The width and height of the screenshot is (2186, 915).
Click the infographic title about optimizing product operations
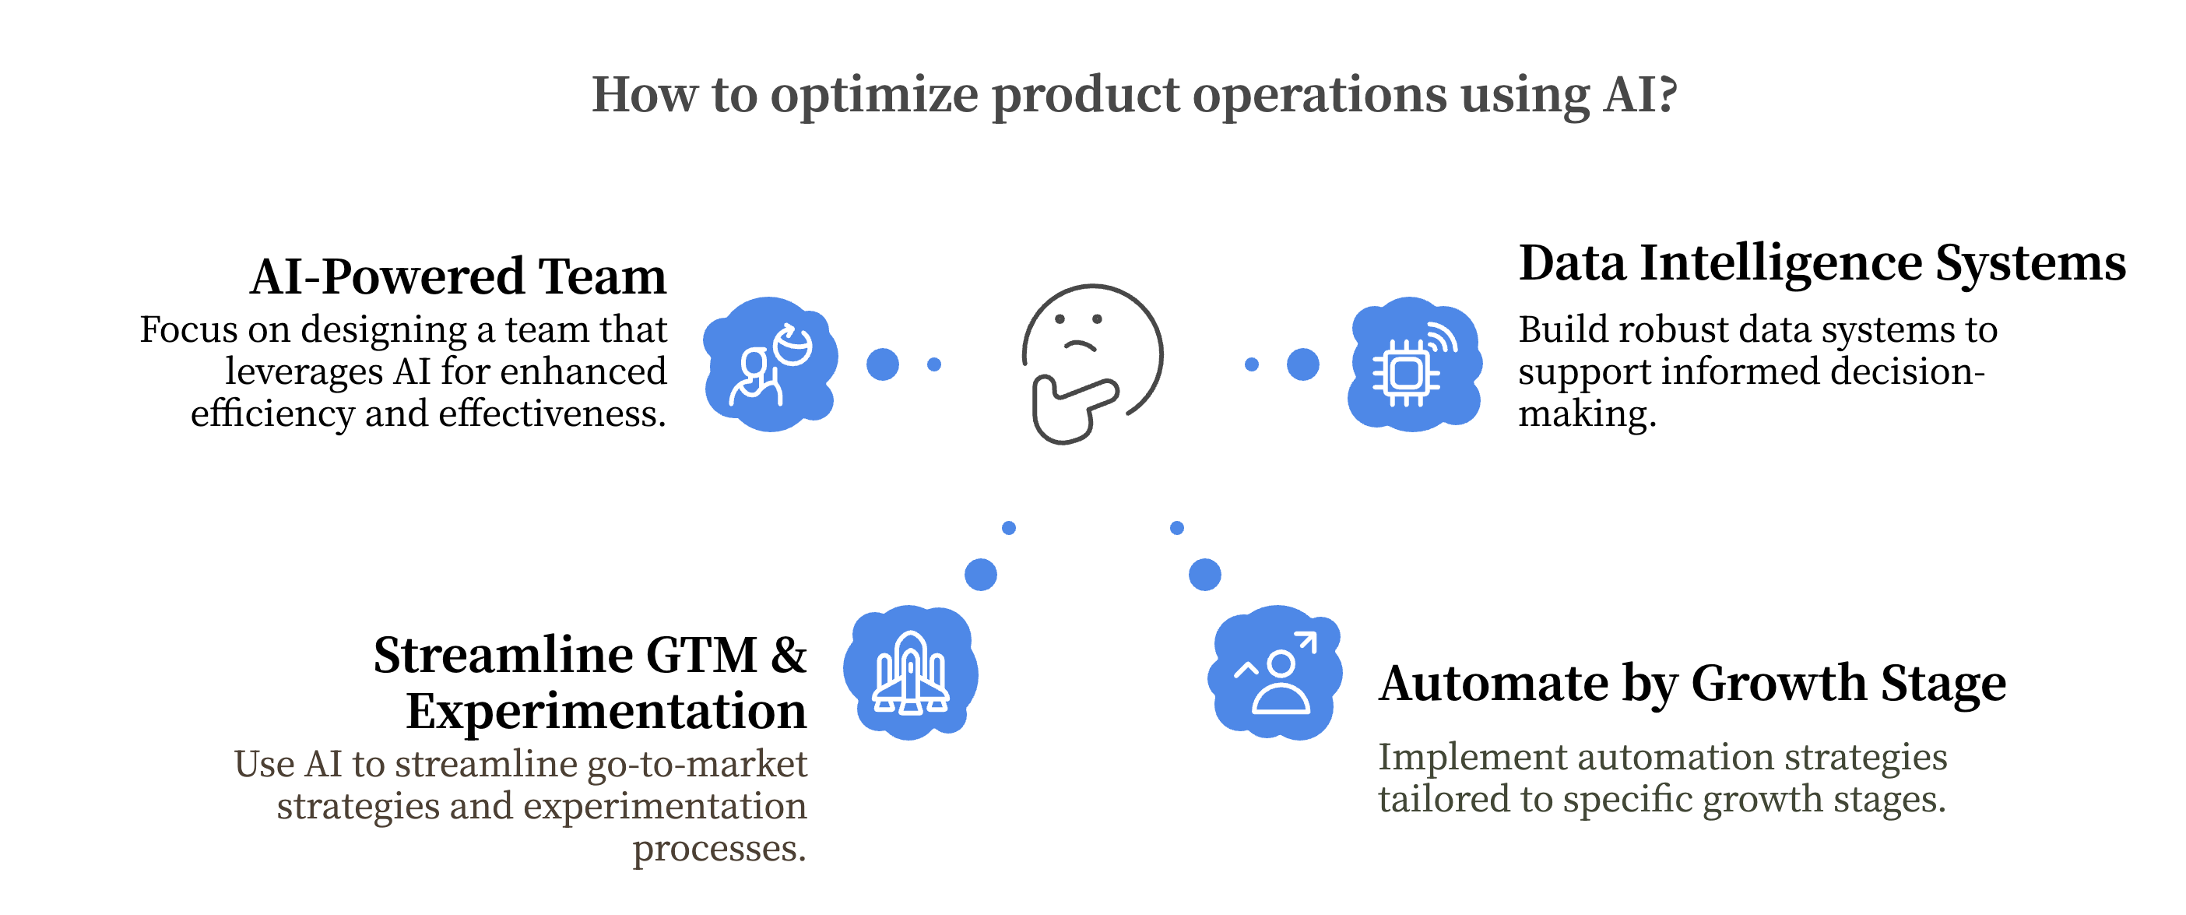point(1133,94)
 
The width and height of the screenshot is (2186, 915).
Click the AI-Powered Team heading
point(459,276)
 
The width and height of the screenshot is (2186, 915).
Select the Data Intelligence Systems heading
point(1822,263)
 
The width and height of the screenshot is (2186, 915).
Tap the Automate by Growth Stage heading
point(1692,683)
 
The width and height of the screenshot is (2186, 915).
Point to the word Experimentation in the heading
point(606,711)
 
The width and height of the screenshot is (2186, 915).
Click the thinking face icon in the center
point(1092,357)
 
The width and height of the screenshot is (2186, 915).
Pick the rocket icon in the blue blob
point(911,673)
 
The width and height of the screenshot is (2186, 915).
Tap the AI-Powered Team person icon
point(770,365)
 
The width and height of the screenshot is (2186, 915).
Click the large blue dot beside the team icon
point(883,365)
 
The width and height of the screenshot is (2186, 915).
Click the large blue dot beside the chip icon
point(1302,365)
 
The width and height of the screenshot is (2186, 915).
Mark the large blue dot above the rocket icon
point(981,575)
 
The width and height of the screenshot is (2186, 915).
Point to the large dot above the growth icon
point(1205,575)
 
